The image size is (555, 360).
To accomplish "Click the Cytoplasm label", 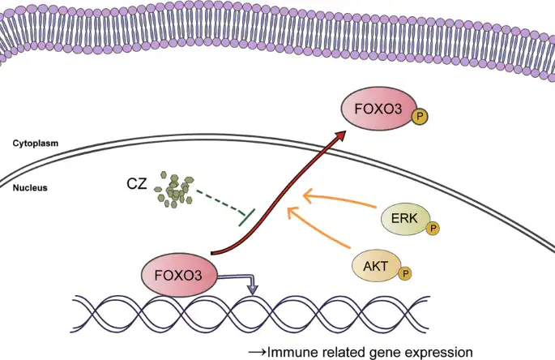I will (36, 144).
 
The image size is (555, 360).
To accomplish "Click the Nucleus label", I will (30, 187).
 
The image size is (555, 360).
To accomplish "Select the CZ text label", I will (137, 184).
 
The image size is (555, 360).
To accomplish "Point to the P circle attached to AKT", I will (405, 276).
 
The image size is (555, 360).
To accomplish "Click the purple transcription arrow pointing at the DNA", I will (243, 280).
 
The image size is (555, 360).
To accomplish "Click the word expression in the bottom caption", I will (442, 352).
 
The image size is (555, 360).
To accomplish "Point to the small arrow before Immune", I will (257, 352).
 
